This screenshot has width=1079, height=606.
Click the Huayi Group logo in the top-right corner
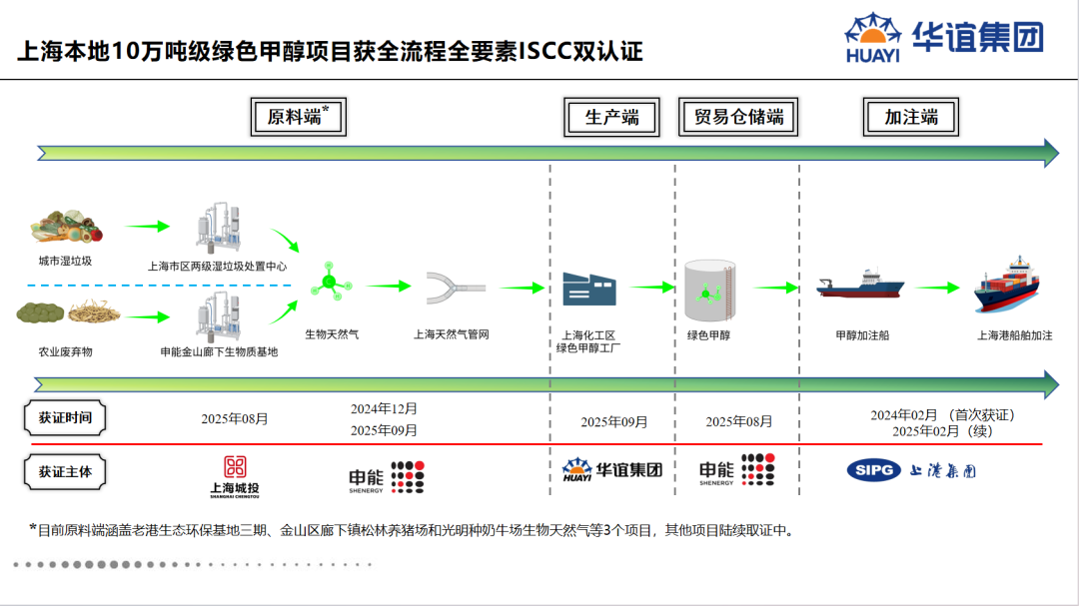click(x=943, y=39)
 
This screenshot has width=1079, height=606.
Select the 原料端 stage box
click(x=297, y=117)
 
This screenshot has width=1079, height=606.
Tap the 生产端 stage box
click(x=611, y=117)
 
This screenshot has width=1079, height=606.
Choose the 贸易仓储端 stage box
click(x=738, y=117)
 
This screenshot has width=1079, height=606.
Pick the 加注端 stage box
click(x=910, y=117)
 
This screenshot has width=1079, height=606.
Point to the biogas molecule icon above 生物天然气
click(x=330, y=282)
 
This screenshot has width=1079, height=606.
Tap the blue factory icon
click(x=588, y=288)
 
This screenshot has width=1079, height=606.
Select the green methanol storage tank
click(x=710, y=291)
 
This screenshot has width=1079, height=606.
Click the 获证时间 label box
click(x=65, y=417)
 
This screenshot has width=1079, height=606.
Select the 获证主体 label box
click(x=65, y=470)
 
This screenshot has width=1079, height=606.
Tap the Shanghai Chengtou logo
click(x=235, y=475)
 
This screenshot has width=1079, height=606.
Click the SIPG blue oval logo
click(x=873, y=470)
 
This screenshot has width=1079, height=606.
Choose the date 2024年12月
click(x=384, y=408)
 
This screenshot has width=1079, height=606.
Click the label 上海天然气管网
click(x=452, y=335)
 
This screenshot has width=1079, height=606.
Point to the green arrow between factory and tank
click(x=652, y=287)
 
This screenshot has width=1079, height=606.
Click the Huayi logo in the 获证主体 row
click(x=612, y=470)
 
